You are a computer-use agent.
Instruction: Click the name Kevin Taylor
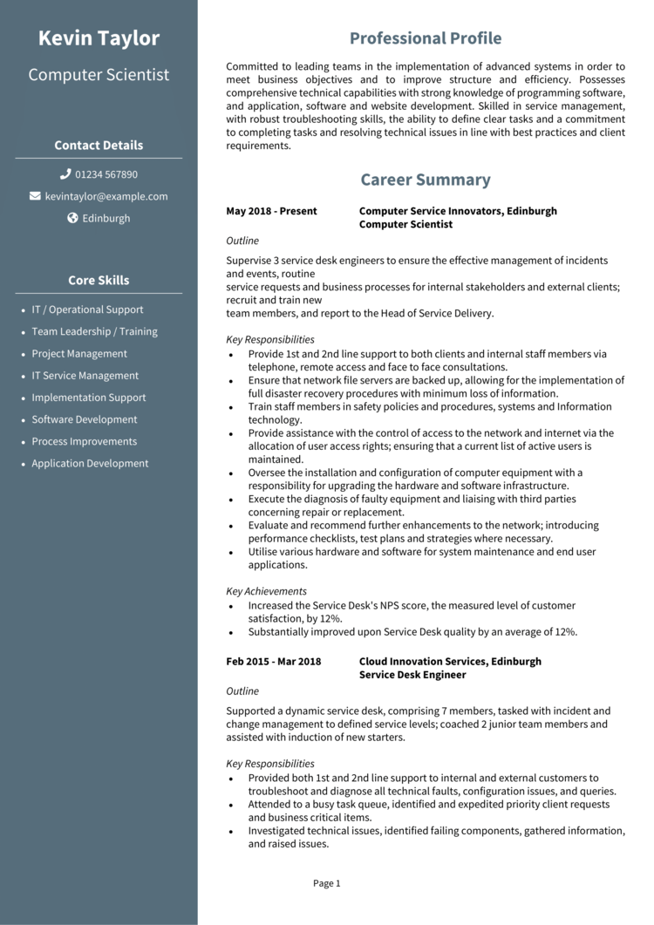coord(99,38)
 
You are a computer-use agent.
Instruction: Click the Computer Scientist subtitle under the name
coord(99,75)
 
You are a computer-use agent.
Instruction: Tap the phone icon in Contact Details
coord(65,174)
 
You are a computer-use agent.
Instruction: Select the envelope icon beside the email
coord(35,196)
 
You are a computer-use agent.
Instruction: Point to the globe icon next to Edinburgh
coord(73,218)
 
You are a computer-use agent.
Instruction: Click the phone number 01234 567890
coord(106,174)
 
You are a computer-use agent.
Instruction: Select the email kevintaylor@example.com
coord(106,196)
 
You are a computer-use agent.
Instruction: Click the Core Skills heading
coord(99,281)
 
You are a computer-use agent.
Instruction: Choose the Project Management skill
coord(79,354)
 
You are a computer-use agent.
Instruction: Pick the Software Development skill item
coord(85,419)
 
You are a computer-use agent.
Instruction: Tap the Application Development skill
coord(90,464)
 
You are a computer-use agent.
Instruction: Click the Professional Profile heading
coord(426,38)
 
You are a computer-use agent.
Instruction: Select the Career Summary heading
coord(426,180)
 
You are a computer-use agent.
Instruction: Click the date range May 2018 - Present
coord(271,211)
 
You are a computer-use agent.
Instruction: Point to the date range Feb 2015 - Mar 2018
coord(273,662)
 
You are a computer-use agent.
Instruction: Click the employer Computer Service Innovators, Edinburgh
coord(458,211)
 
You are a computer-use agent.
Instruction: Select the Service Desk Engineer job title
coord(412,675)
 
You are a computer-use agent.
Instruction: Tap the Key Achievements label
coord(266,591)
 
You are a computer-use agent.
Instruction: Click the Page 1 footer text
coord(327,883)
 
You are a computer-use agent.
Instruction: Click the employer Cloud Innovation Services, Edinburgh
coord(450,662)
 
